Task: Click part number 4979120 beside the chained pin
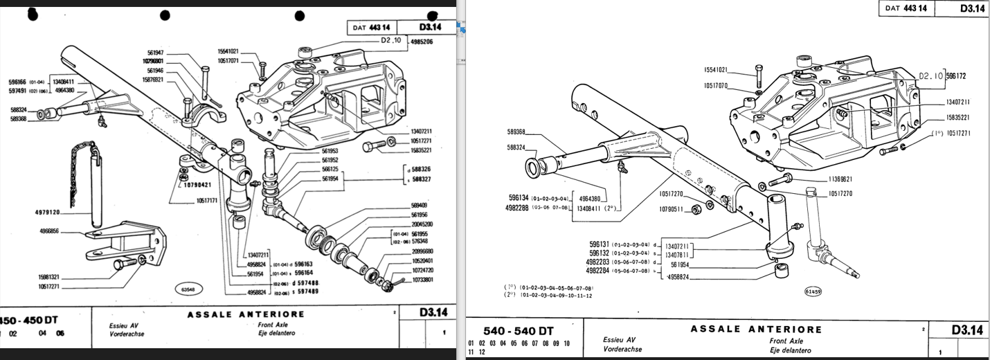(47, 213)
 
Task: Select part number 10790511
(672, 208)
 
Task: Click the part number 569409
(419, 206)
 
